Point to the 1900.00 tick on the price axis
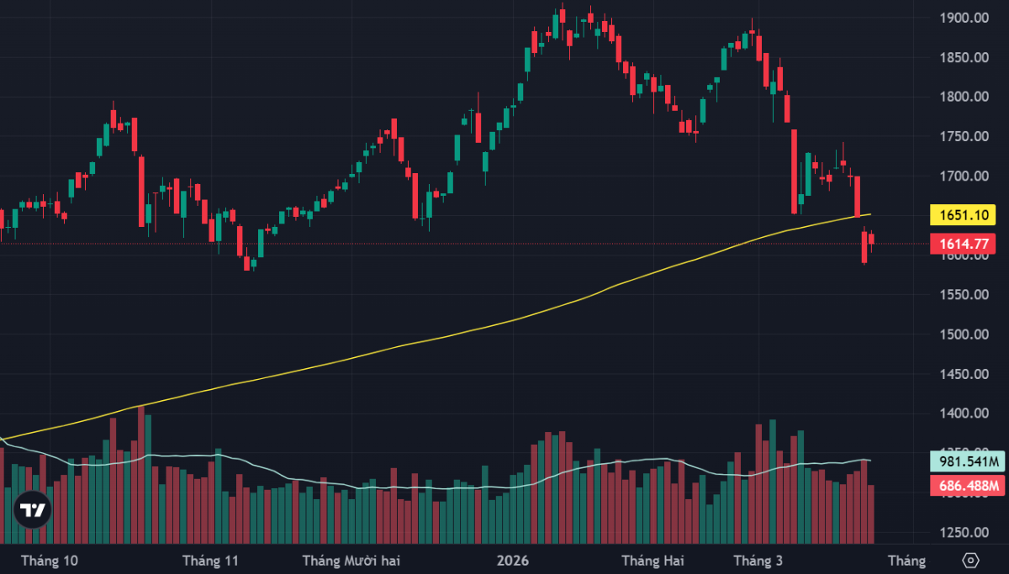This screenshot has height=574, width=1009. (x=964, y=18)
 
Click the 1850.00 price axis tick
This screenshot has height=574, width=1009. (x=964, y=57)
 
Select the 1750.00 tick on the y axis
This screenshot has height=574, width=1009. (x=964, y=136)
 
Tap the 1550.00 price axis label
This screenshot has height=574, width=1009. (x=964, y=295)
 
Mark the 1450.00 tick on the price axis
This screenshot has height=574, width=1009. (x=964, y=374)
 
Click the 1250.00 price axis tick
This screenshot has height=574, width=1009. (x=964, y=532)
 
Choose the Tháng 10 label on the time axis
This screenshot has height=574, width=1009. (x=50, y=560)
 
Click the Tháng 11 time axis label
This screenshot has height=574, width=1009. (x=210, y=560)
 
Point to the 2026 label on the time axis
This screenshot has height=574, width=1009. (x=513, y=560)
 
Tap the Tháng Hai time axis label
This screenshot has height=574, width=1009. (x=652, y=560)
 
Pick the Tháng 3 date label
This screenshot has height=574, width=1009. (x=758, y=560)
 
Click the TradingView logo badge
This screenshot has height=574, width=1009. (x=33, y=509)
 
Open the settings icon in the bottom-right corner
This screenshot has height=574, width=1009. (x=971, y=560)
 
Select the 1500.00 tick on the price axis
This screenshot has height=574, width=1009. (x=964, y=334)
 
